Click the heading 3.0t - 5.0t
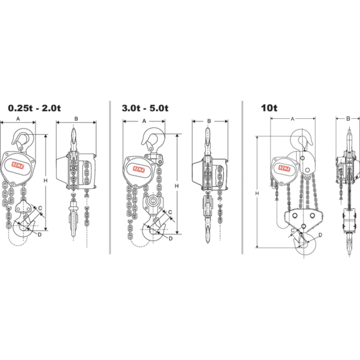145,108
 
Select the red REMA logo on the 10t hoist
281,166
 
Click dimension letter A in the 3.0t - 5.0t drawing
144,121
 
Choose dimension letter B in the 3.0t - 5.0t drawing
209,121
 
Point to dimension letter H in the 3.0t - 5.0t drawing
176,185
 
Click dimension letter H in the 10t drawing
257,193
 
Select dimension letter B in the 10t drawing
348,118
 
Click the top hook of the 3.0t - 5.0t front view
154,139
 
